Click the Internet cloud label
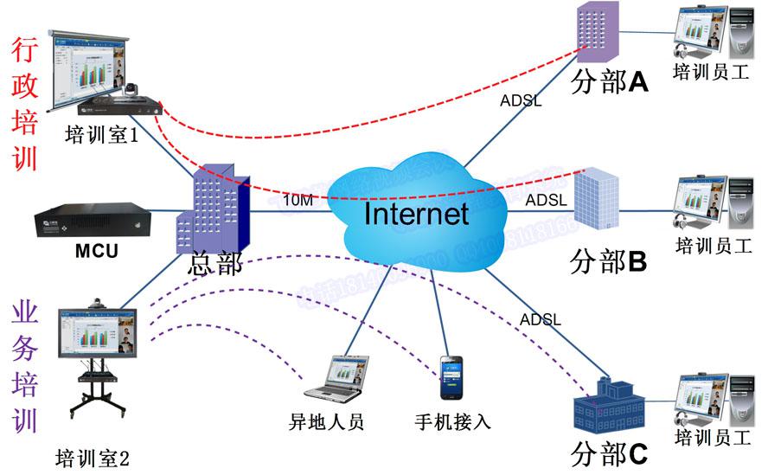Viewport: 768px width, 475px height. point(416,213)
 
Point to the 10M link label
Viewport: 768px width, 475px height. point(298,201)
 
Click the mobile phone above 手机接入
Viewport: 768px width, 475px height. point(452,378)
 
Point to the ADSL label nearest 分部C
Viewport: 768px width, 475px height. point(541,320)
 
